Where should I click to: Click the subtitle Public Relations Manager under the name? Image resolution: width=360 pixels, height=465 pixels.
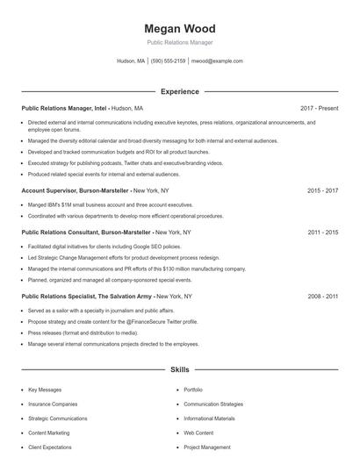pyautogui.click(x=179, y=42)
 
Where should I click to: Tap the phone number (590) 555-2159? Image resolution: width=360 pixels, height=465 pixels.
pyautogui.click(x=168, y=61)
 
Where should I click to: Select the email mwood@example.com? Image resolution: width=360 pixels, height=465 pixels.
pyautogui.click(x=217, y=61)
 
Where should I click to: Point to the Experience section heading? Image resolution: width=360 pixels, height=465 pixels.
pyautogui.click(x=179, y=91)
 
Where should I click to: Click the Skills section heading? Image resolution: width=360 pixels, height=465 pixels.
pyautogui.click(x=179, y=370)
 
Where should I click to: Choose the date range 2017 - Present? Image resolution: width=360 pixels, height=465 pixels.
pyautogui.click(x=319, y=108)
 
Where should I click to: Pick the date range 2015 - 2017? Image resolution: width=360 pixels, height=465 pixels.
pyautogui.click(x=322, y=190)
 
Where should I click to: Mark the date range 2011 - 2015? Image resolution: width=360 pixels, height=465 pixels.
pyautogui.click(x=322, y=232)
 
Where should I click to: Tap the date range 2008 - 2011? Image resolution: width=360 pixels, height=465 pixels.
pyautogui.click(x=322, y=297)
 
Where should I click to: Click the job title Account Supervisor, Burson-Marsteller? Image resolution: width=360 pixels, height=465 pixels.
pyautogui.click(x=75, y=190)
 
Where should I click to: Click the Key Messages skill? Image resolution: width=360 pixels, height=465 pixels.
pyautogui.click(x=45, y=389)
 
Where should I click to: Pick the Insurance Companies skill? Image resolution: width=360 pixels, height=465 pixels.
pyautogui.click(x=53, y=404)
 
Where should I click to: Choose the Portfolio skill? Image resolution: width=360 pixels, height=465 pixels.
pyautogui.click(x=193, y=389)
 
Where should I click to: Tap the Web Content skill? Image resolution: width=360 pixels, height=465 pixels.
pyautogui.click(x=198, y=433)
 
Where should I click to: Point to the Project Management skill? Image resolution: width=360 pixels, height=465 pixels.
pyautogui.click(x=207, y=447)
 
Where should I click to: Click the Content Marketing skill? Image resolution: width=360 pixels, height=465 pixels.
pyautogui.click(x=49, y=433)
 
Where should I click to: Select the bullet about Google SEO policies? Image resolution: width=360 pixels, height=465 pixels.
pyautogui.click(x=92, y=247)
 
